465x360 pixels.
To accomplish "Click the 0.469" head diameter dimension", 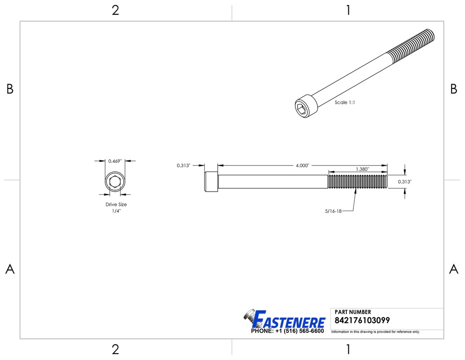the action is pyautogui.click(x=115, y=161).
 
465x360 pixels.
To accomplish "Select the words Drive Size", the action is pyautogui.click(x=116, y=204).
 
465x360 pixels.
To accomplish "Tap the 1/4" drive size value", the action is pyautogui.click(x=116, y=211).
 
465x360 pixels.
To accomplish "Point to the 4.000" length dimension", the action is pyautogui.click(x=302, y=166).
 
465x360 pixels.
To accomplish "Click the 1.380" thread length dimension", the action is pyautogui.click(x=362, y=169).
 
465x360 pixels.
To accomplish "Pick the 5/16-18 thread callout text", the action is pyautogui.click(x=333, y=211).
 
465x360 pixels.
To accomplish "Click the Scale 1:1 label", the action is pyautogui.click(x=345, y=102).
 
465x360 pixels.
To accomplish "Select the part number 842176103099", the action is pyautogui.click(x=362, y=320).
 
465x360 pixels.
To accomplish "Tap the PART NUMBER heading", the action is pyautogui.click(x=352, y=312).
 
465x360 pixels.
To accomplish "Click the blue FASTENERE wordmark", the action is pyautogui.click(x=289, y=319).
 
